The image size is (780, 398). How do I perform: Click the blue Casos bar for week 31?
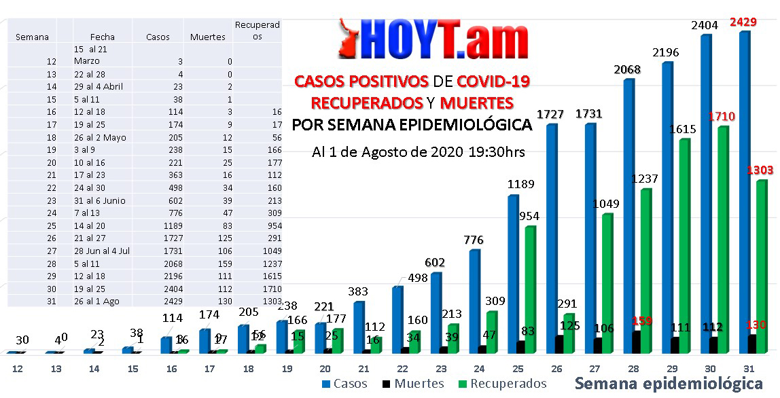tap(744, 190)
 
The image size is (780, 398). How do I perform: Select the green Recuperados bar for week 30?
tap(723, 238)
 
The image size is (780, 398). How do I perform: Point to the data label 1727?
tap(550, 114)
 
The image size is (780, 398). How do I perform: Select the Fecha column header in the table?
tap(103, 37)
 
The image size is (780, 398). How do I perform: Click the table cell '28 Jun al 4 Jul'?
tap(102, 251)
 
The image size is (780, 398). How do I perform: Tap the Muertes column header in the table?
tap(207, 37)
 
